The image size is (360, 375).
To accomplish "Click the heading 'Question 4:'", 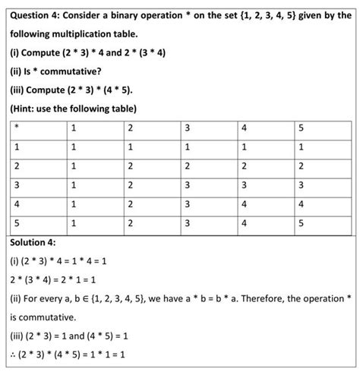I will (x=38, y=14).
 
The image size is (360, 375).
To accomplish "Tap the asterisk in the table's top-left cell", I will (x=17, y=127).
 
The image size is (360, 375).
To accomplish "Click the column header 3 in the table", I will (x=187, y=127).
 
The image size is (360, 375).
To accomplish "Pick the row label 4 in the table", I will (x=17, y=204).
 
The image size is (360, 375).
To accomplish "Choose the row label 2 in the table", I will (x=17, y=165).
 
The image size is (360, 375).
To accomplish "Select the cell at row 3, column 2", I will (x=130, y=185).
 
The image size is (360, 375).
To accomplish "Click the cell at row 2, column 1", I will (x=73, y=165).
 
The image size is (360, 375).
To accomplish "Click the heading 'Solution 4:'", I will (x=33, y=242).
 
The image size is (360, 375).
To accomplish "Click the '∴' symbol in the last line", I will (x=14, y=355).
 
